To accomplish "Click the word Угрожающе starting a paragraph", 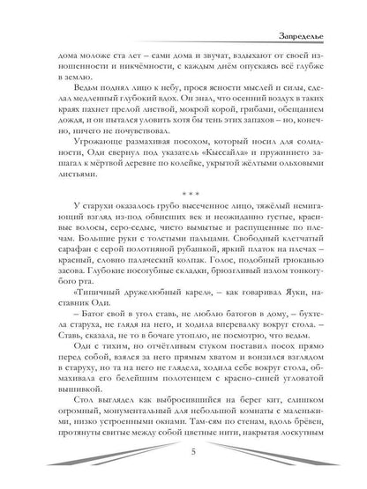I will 80,144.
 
